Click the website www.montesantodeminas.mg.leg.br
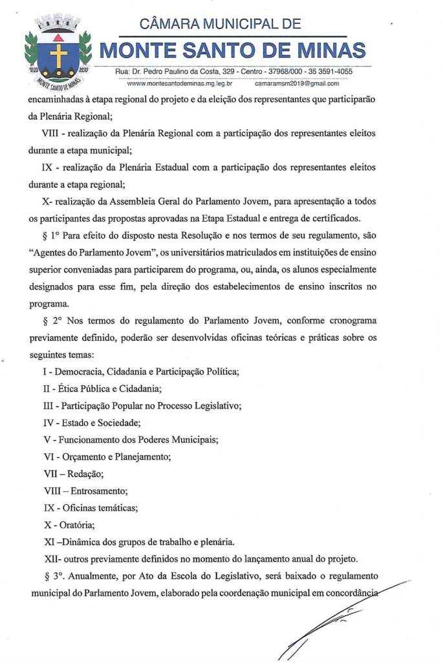pyautogui.click(x=180, y=83)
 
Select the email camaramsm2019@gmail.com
pyautogui.click(x=297, y=83)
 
